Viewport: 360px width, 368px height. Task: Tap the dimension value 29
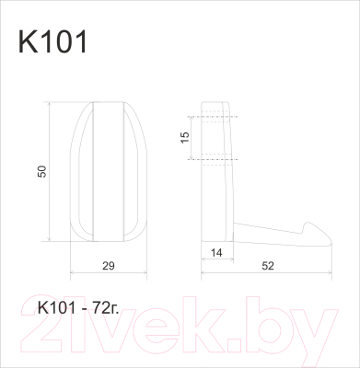(x=109, y=266)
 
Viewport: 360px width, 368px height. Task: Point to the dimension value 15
(x=183, y=137)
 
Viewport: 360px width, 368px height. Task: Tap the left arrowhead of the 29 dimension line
(x=72, y=274)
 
